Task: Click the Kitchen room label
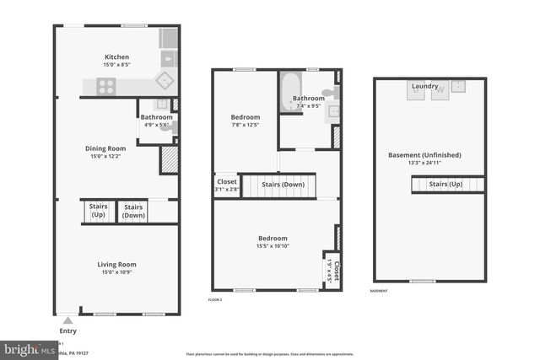116,56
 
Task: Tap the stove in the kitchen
107,84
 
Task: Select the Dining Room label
105,148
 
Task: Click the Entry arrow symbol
68,320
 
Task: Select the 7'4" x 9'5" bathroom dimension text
308,106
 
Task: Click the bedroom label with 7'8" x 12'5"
246,117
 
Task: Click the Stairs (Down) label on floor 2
283,184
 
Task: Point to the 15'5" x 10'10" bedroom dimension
273,246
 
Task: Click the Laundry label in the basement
424,86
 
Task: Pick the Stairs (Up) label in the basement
445,184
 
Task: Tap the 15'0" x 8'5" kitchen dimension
116,64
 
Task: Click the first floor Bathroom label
156,117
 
